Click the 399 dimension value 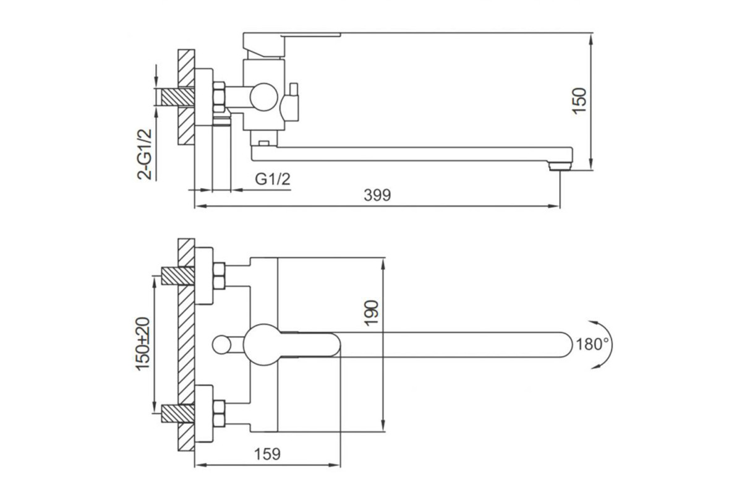coord(377,196)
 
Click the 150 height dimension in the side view coord(579,101)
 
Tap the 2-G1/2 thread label coord(145,154)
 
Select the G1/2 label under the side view coord(273,179)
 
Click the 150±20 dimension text coord(143,344)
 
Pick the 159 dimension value coord(267,454)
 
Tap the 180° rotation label coord(592,345)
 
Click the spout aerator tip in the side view coord(560,166)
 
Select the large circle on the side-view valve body coord(263,97)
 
